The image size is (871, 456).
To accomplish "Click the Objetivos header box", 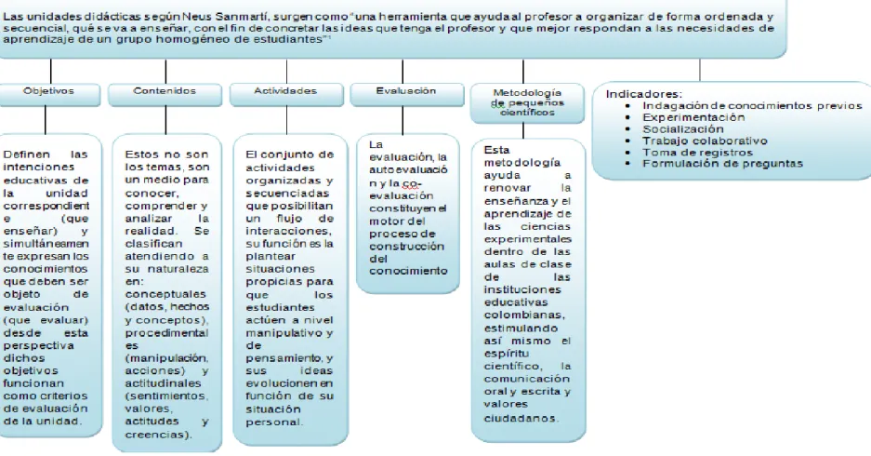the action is (49, 95).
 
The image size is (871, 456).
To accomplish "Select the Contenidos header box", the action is (165, 95).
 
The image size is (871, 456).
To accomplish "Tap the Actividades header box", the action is (286, 95).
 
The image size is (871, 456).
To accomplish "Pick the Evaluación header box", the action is (406, 95).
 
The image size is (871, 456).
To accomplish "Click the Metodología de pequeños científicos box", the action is (527, 103).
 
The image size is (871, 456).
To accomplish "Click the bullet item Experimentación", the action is (693, 117).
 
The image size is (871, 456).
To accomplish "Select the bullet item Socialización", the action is (683, 129).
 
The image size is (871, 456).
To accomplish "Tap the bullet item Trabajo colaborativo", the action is (705, 141).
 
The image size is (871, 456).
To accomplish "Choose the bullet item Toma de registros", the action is (698, 153).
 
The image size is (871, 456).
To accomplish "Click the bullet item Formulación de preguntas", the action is (722, 164).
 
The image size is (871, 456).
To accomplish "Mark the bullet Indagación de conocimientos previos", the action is (752, 106).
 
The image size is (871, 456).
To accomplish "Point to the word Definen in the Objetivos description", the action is (26, 154).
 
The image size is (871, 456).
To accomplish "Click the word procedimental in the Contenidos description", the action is (166, 333).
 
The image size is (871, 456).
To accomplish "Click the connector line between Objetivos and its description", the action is (45, 120).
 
